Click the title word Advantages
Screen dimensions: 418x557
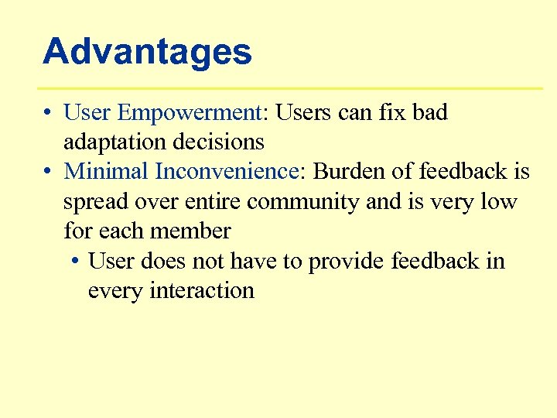147,52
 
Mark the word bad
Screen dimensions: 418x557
430,113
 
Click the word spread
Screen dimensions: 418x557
97,201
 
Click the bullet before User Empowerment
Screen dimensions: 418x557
48,113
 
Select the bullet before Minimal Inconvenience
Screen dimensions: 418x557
48,171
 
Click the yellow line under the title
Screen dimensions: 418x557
290,88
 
